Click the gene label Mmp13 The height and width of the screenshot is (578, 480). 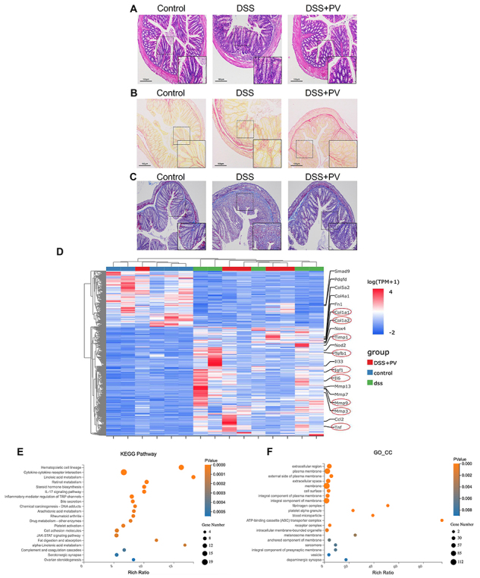344,387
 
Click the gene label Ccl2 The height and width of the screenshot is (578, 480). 339,419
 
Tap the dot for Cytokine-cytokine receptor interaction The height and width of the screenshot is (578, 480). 124,473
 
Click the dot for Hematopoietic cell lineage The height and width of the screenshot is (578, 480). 181,467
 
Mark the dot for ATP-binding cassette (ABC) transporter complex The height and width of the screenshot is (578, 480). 442,520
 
